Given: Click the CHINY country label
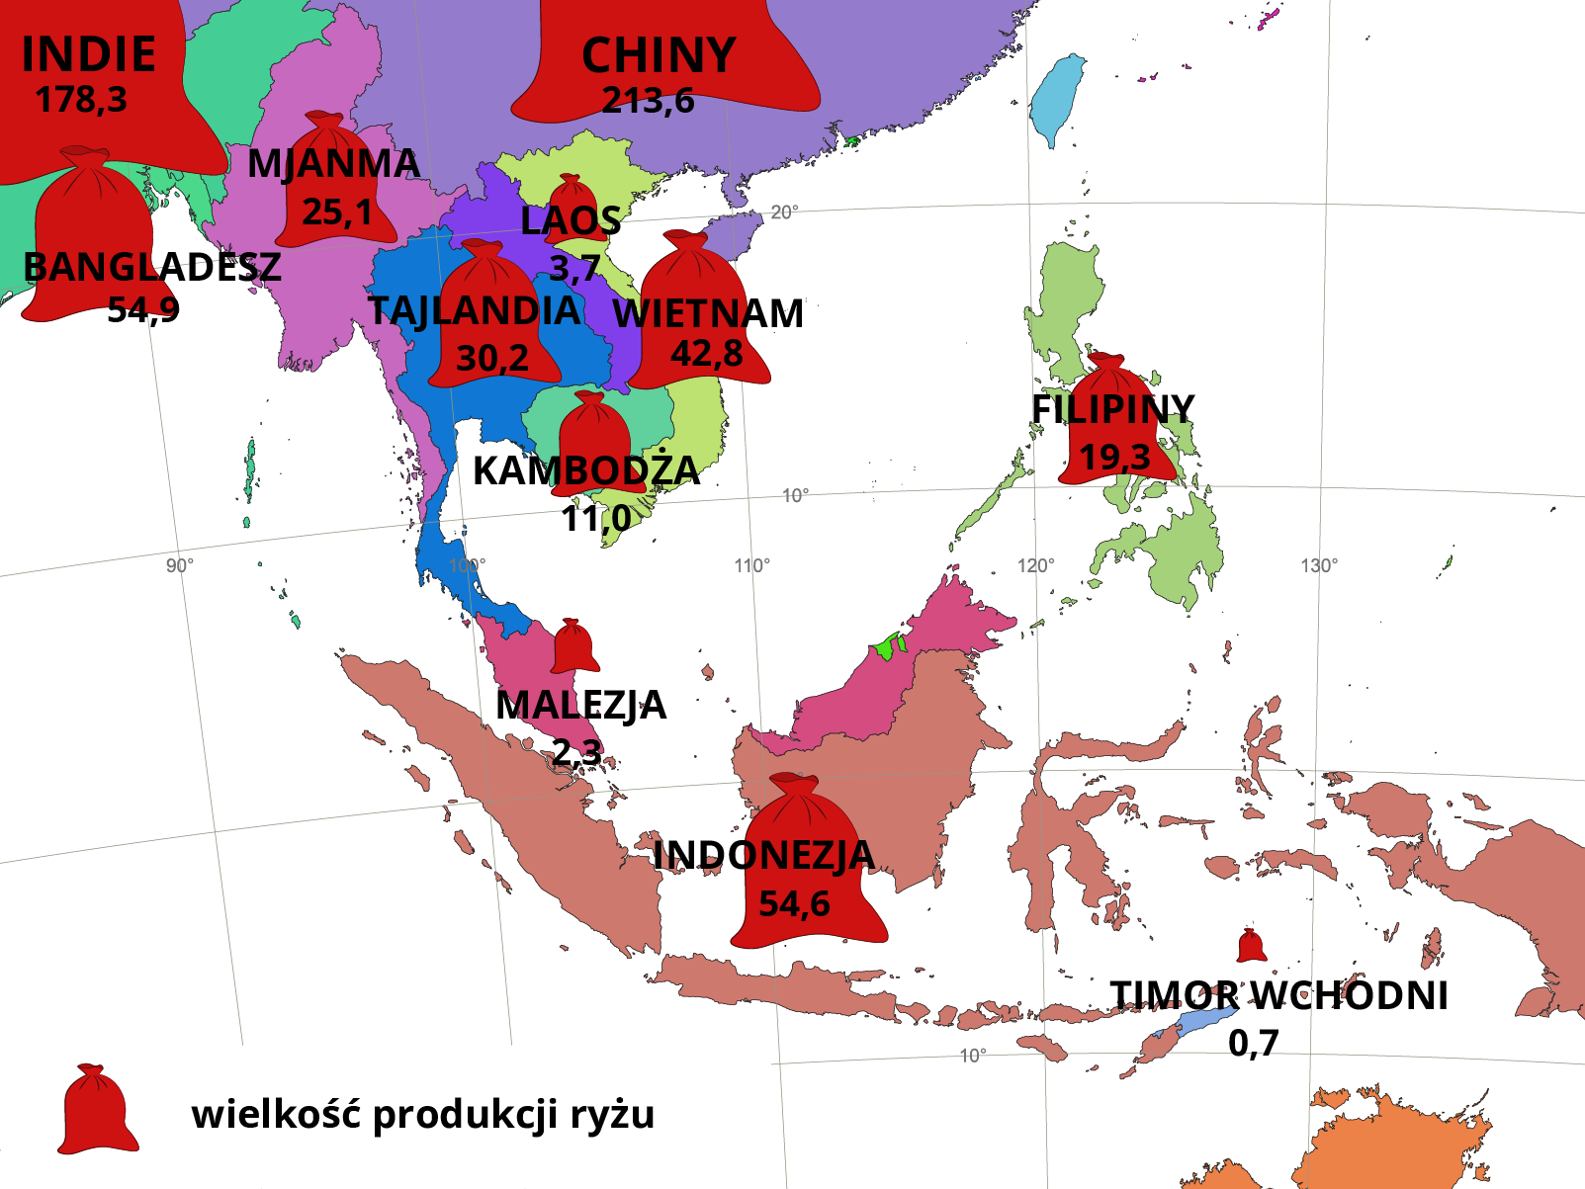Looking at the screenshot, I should tap(659, 55).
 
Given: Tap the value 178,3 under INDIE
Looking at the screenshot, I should tap(81, 100).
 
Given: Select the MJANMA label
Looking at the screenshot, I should tap(333, 164).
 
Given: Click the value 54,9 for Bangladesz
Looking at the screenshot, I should tap(143, 310).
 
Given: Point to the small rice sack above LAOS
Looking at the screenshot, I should tap(571, 195).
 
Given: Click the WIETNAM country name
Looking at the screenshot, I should tap(708, 313).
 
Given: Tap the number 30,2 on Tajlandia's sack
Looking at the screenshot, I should tap(492, 358).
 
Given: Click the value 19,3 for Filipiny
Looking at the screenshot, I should tap(1114, 458).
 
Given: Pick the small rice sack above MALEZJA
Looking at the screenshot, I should tap(573, 646).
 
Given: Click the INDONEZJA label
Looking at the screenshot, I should tap(763, 856).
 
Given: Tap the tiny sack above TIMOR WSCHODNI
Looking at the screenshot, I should tap(1251, 946).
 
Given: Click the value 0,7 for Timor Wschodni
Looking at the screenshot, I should tap(1253, 1043).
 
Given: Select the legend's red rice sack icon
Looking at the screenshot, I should tap(96, 1110).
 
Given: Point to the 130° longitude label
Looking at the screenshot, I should tap(1319, 565).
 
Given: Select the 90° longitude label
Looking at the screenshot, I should tap(179, 565).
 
